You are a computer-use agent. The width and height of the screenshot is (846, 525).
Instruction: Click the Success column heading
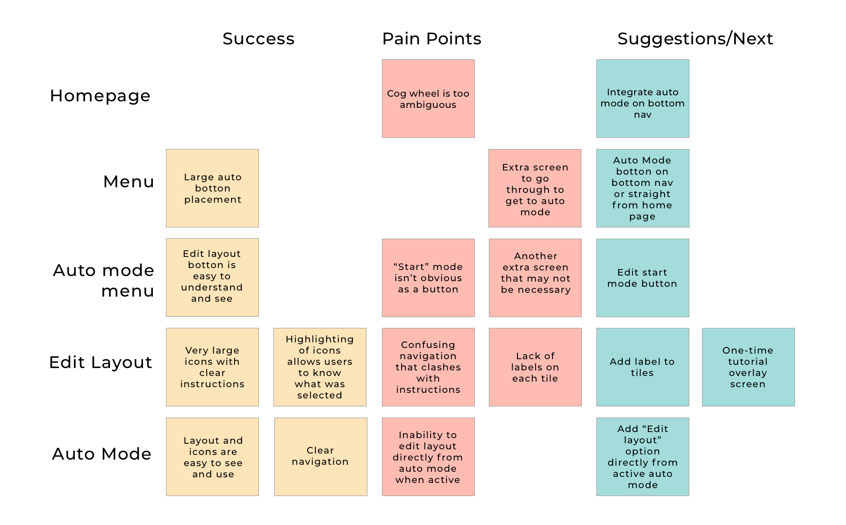[x=258, y=39]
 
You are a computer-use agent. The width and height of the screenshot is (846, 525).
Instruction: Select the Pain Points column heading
[x=432, y=39]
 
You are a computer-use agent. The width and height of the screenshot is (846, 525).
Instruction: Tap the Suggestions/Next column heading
[x=695, y=39]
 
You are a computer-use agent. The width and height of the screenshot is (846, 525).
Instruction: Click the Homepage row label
[x=100, y=96]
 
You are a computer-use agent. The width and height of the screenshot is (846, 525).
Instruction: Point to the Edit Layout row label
[x=100, y=362]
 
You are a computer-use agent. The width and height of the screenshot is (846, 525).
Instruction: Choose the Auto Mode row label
[x=101, y=454]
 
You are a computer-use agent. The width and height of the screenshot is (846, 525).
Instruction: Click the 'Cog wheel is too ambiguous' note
[x=428, y=99]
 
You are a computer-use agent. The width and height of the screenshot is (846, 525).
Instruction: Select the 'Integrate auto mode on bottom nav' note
[x=643, y=99]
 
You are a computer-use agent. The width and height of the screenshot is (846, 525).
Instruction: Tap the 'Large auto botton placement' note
[x=212, y=188]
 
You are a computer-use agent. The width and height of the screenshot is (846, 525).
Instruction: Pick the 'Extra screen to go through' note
[x=535, y=188]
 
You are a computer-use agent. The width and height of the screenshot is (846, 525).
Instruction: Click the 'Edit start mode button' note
[x=643, y=278]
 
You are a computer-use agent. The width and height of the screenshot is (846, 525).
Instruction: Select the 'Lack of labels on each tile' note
[x=535, y=367]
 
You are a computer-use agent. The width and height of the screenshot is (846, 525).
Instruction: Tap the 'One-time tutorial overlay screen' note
[x=748, y=367]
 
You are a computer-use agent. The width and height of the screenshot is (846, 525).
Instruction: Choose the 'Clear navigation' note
[x=321, y=457]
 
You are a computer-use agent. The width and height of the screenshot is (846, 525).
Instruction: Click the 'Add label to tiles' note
[x=643, y=367]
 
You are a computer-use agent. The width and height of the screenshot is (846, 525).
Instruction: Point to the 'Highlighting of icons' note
[x=320, y=367]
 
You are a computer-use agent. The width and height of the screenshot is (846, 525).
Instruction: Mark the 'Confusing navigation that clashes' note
[x=428, y=367]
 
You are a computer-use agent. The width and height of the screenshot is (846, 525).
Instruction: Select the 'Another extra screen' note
[x=535, y=278]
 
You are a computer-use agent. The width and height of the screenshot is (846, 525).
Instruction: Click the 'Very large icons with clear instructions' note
[x=212, y=367]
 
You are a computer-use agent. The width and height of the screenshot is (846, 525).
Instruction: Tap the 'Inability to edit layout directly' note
[x=428, y=457]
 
